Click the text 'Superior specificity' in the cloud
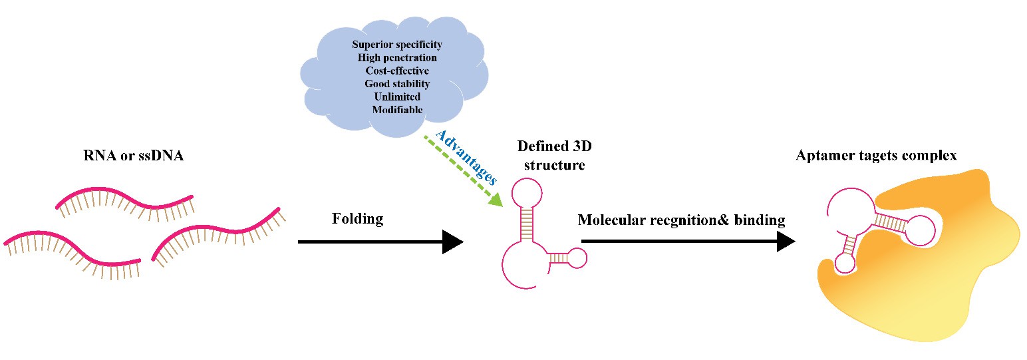(396, 45)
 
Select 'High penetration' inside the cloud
(396, 58)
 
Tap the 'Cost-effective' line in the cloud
(396, 71)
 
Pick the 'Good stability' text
(396, 84)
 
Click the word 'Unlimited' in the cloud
(396, 96)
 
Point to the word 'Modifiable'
(396, 109)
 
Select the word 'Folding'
(357, 219)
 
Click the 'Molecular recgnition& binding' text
(681, 220)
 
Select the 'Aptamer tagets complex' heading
(875, 156)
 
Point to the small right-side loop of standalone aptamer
(577, 258)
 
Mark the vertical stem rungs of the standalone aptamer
(529, 224)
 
